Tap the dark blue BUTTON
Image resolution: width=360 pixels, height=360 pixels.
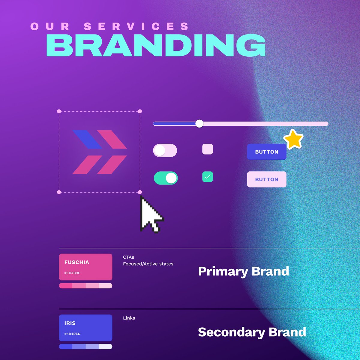coord(266,152)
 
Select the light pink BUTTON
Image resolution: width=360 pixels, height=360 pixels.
coord(266,179)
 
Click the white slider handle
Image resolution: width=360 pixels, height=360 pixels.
coord(199,124)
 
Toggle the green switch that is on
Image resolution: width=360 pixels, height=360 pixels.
coord(166,178)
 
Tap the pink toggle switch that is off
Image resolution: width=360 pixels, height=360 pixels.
coord(165,150)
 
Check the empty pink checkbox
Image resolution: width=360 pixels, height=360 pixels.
coord(208,149)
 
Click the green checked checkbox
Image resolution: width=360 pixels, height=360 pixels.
coord(208,177)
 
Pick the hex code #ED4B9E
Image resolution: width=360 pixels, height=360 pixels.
coord(72,273)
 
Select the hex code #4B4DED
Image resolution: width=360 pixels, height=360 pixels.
coord(72,334)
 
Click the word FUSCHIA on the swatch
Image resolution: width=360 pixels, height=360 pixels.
coord(77,262)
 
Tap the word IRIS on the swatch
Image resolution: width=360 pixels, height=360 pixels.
coord(70,323)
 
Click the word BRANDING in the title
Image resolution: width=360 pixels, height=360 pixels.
coord(156,46)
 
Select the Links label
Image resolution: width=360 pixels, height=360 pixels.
coord(129,318)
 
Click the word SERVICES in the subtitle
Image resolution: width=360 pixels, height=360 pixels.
coord(136,26)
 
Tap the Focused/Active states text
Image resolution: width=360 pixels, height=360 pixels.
coord(148,264)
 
